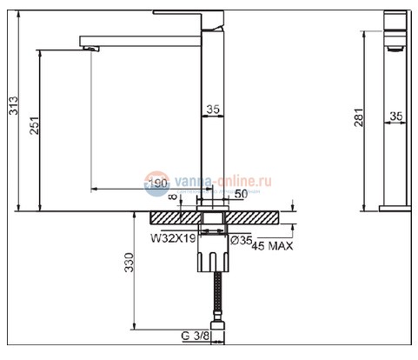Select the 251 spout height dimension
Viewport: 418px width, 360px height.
coord(32,130)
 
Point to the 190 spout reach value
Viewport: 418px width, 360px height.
coord(157,183)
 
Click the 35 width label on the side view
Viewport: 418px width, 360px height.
coord(397,114)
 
